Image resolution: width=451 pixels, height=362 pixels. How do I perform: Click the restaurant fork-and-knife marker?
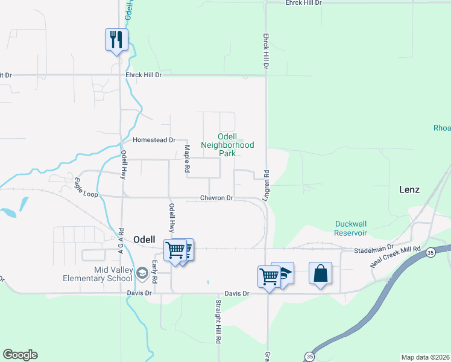(x=115, y=40)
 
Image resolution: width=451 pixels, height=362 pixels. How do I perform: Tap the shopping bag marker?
(x=321, y=273)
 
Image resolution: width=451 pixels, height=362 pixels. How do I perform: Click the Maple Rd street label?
(x=187, y=158)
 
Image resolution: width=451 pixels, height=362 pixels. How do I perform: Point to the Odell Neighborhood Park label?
(x=227, y=145)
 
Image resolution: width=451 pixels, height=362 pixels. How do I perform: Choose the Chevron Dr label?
(x=216, y=198)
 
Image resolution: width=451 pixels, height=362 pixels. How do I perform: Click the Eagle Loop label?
(x=86, y=186)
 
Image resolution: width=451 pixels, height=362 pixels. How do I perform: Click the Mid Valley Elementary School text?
(x=97, y=274)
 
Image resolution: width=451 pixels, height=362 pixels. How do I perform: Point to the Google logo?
(x=20, y=355)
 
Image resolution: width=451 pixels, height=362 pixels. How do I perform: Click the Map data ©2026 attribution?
(x=425, y=357)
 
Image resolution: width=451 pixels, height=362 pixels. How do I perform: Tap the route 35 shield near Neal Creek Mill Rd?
(x=430, y=252)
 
